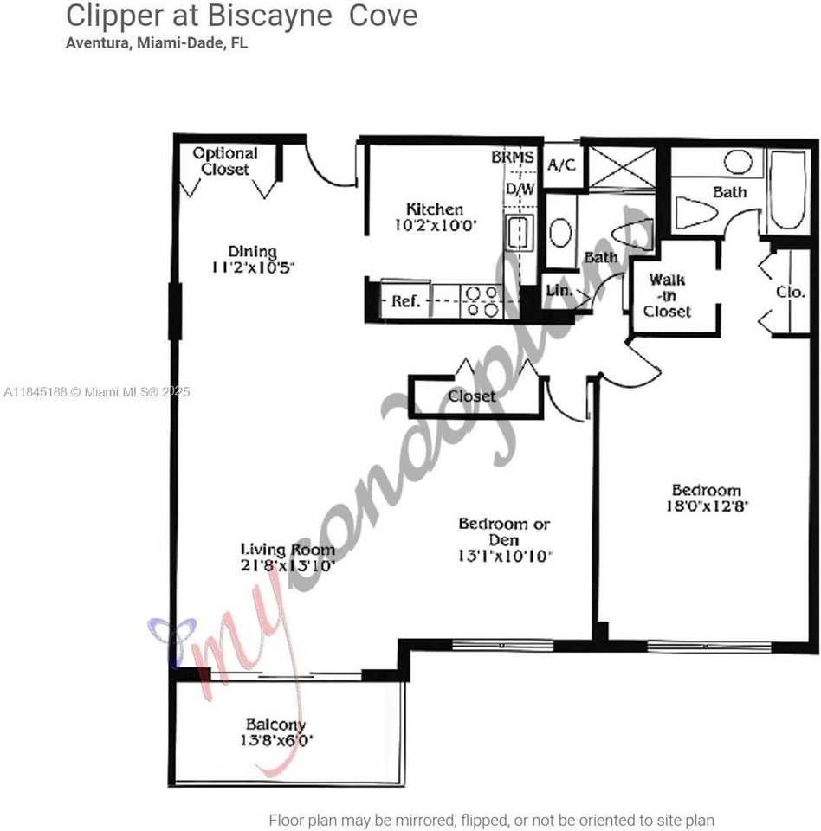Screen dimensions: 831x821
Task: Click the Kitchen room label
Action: click(x=435, y=209)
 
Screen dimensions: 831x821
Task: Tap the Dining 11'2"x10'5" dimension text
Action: click(x=253, y=267)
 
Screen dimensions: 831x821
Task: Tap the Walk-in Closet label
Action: click(x=668, y=295)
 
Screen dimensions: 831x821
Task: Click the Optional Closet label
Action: click(x=225, y=161)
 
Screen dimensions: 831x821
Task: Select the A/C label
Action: click(x=563, y=164)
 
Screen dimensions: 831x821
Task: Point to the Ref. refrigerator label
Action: click(x=406, y=301)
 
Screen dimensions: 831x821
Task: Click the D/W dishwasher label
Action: click(x=520, y=188)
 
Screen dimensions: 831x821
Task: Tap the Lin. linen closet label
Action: click(x=559, y=291)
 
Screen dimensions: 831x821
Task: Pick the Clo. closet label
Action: click(x=790, y=292)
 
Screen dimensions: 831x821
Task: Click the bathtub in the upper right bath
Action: click(x=788, y=190)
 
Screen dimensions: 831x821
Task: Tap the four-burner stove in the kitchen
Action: click(x=482, y=301)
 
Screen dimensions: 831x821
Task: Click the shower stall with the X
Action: click(x=622, y=167)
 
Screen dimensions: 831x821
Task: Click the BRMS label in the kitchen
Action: click(x=513, y=158)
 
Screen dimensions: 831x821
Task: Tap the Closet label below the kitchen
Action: click(x=473, y=396)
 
